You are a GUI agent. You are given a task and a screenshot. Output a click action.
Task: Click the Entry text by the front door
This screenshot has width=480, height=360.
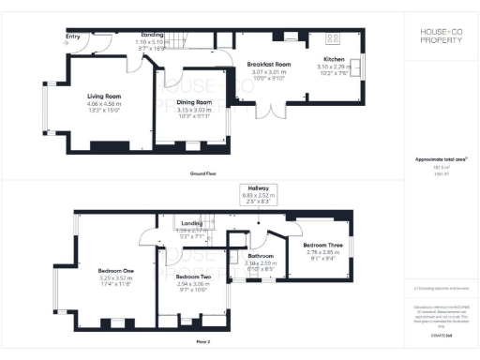(73, 38)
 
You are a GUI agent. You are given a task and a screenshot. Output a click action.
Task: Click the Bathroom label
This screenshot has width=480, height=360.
(260, 256)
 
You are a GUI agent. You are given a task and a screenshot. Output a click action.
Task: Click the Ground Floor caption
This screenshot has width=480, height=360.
(203, 174)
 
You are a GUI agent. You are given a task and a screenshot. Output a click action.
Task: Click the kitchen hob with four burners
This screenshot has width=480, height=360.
(332, 38)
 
